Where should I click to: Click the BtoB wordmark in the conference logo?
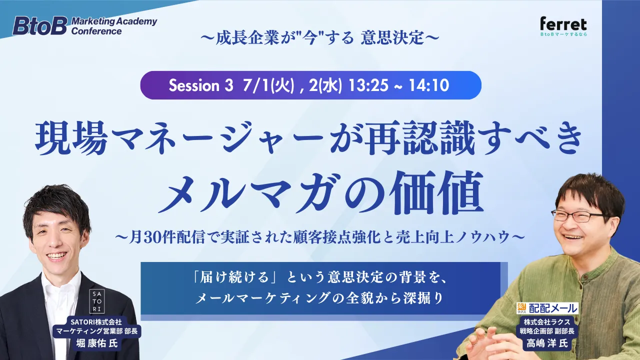pyautogui.click(x=40, y=25)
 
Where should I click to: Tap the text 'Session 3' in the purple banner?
pyautogui.click(x=201, y=85)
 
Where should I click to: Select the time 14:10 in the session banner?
pyautogui.click(x=428, y=85)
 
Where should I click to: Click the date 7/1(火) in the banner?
pyautogui.click(x=268, y=85)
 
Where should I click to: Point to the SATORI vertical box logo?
pyautogui.click(x=97, y=301)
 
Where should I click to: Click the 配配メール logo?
pyautogui.click(x=547, y=308)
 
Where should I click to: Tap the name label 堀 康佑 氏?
pyautogui.click(x=97, y=343)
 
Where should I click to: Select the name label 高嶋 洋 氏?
pyautogui.click(x=547, y=343)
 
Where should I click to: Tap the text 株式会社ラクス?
pyautogui.click(x=547, y=322)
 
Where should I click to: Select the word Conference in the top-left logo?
pyautogui.click(x=96, y=31)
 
